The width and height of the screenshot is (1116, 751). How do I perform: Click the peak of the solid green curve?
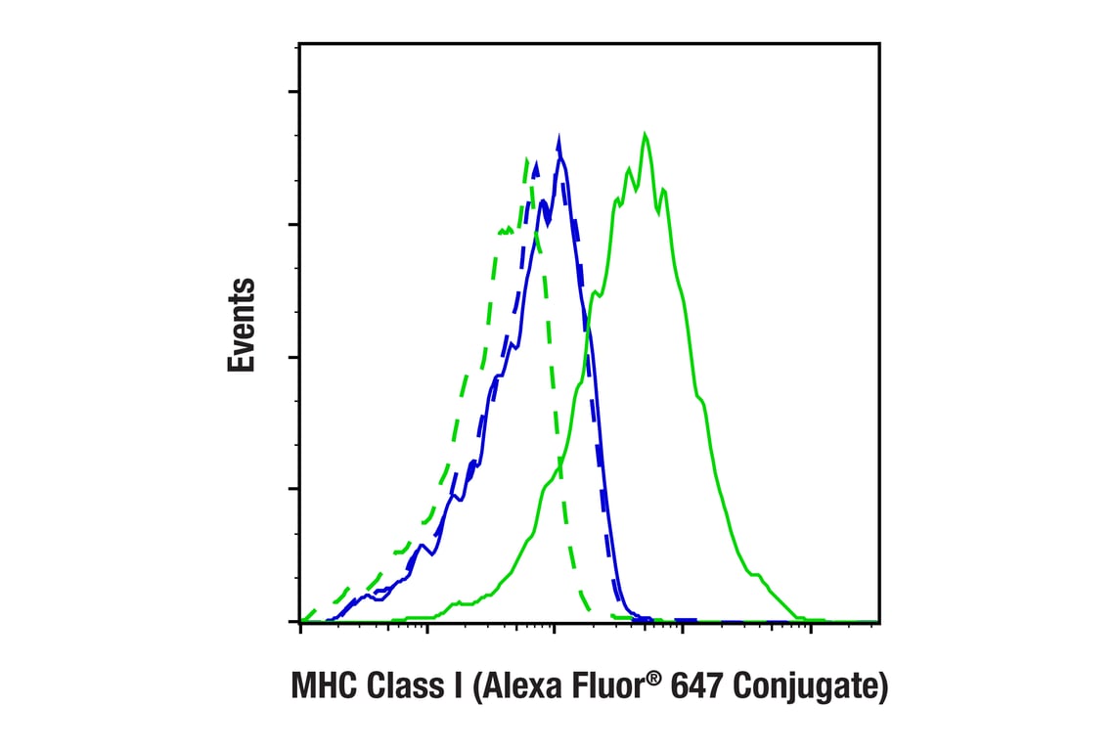(645, 134)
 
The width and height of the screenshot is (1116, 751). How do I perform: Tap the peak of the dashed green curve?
(527, 158)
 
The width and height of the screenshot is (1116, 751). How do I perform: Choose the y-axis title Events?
(242, 325)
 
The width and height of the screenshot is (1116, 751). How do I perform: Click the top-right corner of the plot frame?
(879, 44)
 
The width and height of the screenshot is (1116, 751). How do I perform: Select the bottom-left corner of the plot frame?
(300, 622)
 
